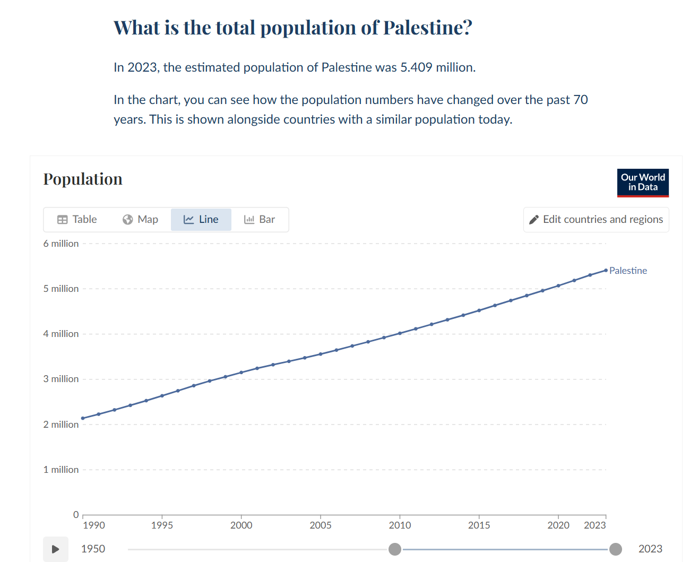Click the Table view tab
point(77,219)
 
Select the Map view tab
point(140,219)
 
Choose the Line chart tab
point(201,219)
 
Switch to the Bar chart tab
point(259,219)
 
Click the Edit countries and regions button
point(596,219)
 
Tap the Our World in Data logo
point(643,183)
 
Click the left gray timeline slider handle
point(394,549)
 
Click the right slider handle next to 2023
point(616,549)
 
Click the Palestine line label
point(628,271)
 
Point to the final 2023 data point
point(606,270)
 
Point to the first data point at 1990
point(83,418)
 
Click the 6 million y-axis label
point(61,244)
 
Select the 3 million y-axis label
point(61,379)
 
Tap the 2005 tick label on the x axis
point(321,525)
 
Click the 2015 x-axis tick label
point(479,525)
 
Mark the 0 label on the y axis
point(76,514)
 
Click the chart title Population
point(83,179)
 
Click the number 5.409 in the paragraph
point(416,67)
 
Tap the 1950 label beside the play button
point(93,549)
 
